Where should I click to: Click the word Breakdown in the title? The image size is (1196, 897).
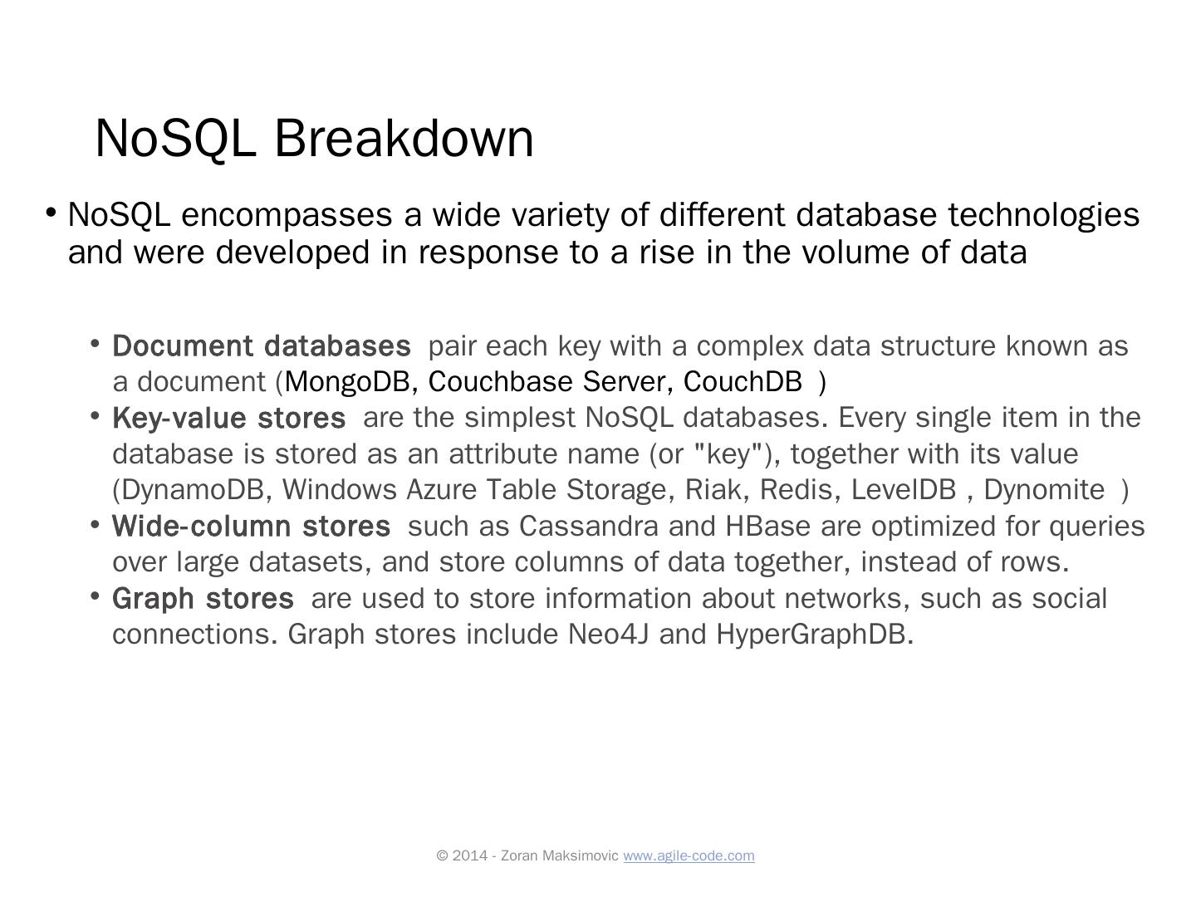click(x=404, y=138)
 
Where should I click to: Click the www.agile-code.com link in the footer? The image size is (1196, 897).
click(x=689, y=855)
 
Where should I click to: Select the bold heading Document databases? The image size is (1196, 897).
click(x=261, y=346)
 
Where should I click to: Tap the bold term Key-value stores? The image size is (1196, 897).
click(x=228, y=418)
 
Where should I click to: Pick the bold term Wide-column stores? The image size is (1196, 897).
click(x=251, y=527)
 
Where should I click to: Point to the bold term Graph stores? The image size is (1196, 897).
click(x=203, y=599)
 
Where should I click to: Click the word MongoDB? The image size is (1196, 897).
click(x=347, y=382)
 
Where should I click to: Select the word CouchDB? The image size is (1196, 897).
click(x=743, y=382)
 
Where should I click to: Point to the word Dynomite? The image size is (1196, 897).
click(x=1044, y=490)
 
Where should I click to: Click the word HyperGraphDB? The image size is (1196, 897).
click(x=814, y=635)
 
